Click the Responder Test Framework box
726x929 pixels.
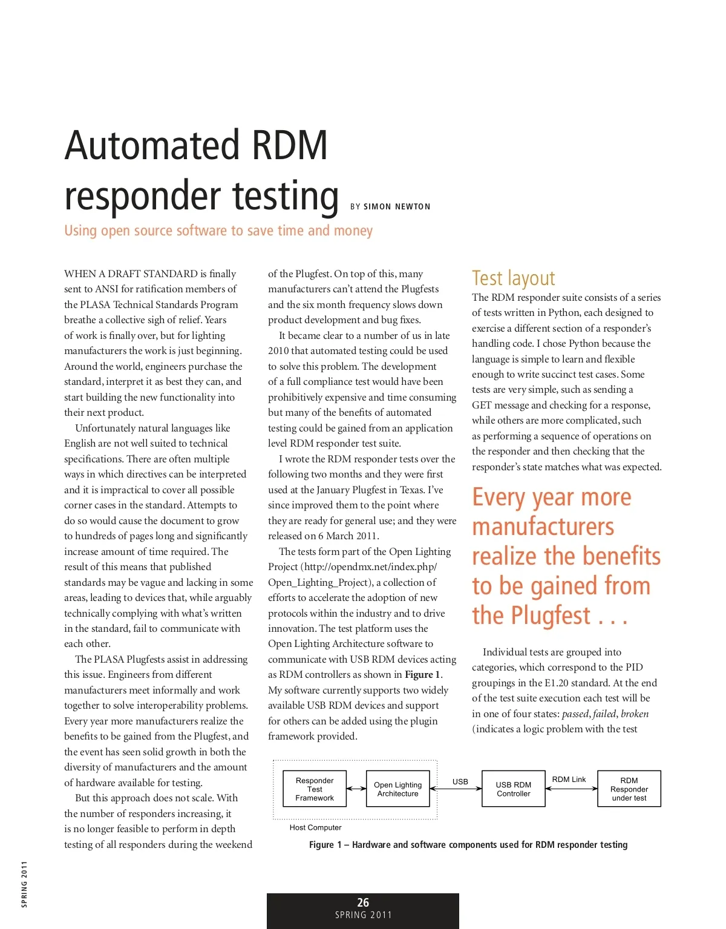(315, 789)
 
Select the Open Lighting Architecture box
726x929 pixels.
(397, 789)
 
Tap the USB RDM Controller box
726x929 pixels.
(513, 789)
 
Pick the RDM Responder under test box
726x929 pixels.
(629, 789)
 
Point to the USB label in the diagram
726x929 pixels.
(460, 781)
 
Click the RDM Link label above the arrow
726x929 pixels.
(569, 780)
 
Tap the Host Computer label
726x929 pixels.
(315, 827)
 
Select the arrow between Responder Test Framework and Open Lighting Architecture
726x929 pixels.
(356, 789)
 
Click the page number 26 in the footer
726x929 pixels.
(363, 902)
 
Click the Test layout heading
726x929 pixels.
(513, 278)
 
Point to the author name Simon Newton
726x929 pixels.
(397, 206)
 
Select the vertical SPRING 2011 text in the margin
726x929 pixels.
(24, 884)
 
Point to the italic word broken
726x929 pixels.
(635, 714)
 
